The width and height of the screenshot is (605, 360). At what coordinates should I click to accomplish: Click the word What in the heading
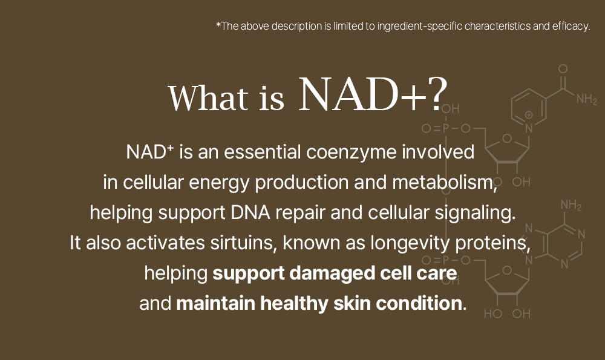pyautogui.click(x=208, y=97)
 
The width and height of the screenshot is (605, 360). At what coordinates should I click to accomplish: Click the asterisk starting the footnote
pyautogui.click(x=218, y=25)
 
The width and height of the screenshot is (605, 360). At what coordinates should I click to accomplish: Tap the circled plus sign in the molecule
pyautogui.click(x=529, y=114)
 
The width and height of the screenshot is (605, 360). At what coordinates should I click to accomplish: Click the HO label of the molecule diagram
pyautogui.click(x=493, y=313)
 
